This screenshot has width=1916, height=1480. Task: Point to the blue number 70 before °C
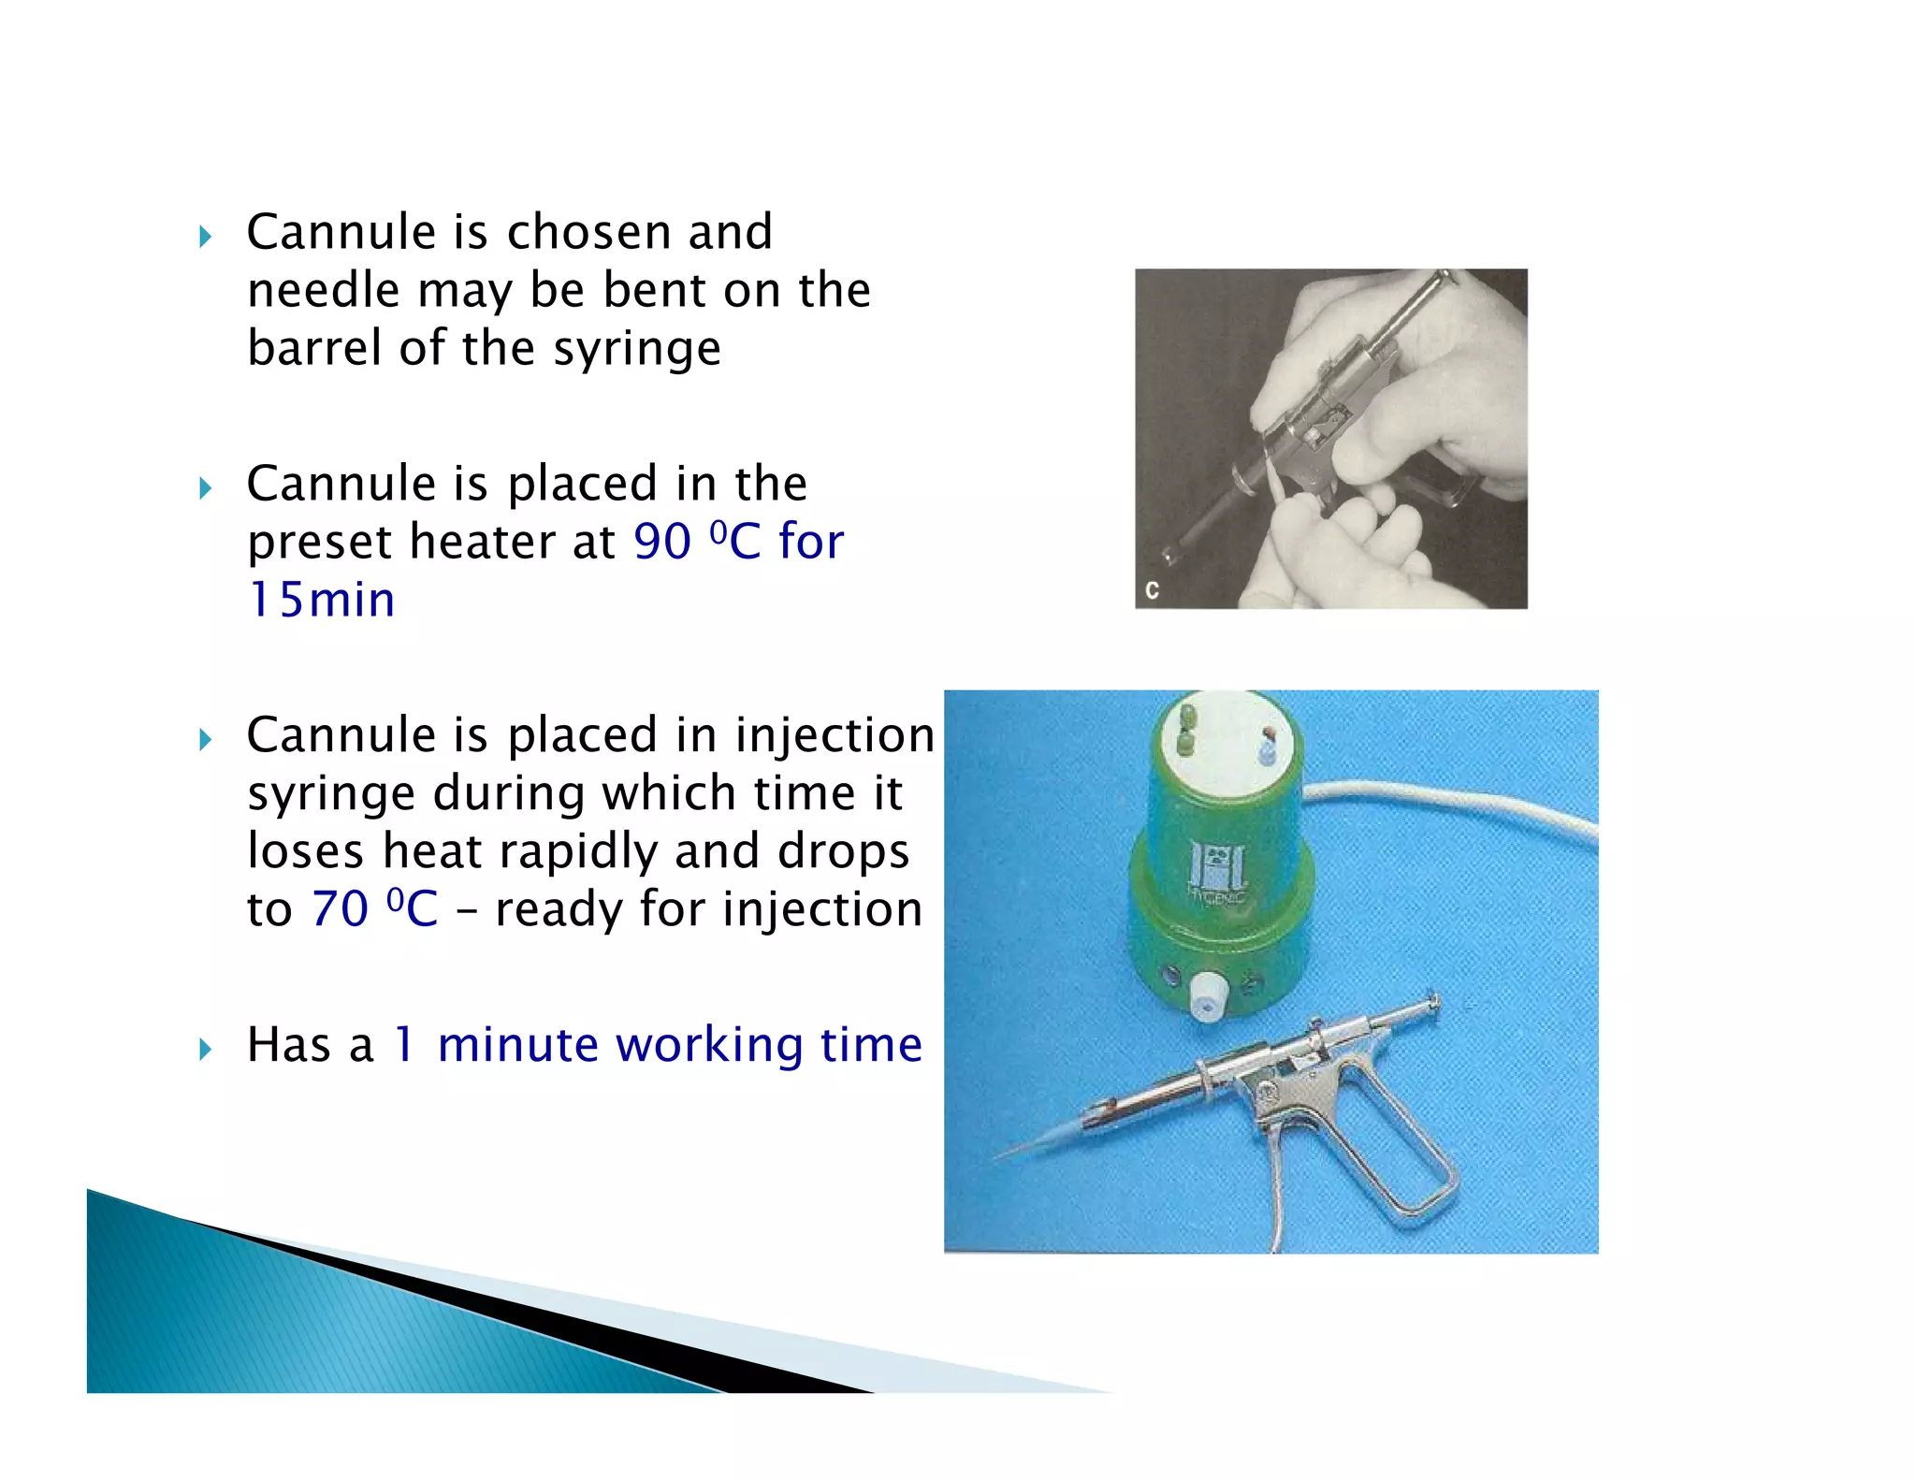[340, 909]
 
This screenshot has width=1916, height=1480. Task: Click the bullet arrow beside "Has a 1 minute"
[206, 1050]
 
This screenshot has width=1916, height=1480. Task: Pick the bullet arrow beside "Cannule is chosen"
[206, 237]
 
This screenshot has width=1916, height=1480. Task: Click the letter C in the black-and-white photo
[1152, 590]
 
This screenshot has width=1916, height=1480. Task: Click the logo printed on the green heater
[1216, 867]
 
